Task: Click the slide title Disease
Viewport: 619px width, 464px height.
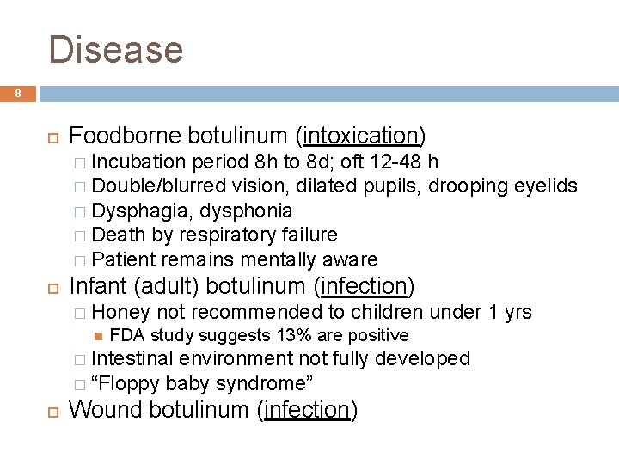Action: [x=116, y=49]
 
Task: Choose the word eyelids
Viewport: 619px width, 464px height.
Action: [x=546, y=186]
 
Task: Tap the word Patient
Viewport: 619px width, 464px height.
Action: [x=121, y=259]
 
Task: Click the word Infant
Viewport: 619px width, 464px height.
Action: [x=96, y=286]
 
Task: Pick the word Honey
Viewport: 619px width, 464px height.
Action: [x=120, y=312]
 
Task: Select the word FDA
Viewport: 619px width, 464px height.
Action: [x=127, y=335]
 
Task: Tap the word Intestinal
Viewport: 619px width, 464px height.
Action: [x=132, y=358]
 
